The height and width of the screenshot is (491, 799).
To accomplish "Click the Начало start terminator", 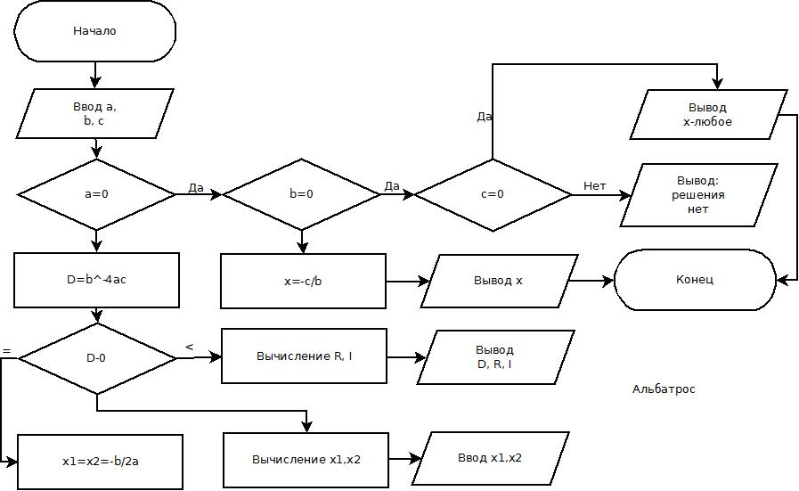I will coord(94,31).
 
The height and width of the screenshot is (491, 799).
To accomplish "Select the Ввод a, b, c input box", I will coord(95,114).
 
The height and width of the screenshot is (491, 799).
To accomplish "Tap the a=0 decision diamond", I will coord(96,194).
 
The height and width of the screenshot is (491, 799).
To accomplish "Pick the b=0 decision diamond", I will coord(301,194).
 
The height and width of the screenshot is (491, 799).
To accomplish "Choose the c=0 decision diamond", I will coord(493,194).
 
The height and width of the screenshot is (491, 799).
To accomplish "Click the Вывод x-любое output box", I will coord(708,114).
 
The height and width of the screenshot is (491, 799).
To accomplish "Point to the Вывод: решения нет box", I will coord(698,195).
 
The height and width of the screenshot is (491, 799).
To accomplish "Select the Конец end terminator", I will coord(696,280).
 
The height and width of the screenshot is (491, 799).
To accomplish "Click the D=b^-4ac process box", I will coord(96,280).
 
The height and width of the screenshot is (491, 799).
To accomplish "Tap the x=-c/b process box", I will coord(303,281).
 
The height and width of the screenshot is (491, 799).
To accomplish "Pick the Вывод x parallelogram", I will coord(498,281).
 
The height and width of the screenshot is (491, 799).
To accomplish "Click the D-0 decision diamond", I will coord(96,358).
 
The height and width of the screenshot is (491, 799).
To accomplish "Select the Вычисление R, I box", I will coord(304,356).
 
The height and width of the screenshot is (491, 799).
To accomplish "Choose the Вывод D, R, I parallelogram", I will coord(494,357).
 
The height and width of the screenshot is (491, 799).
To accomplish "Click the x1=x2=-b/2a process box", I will coord(100,462).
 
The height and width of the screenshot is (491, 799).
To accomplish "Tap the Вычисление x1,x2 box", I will coord(306,460).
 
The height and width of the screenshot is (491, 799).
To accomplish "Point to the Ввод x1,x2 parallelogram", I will coord(490,458).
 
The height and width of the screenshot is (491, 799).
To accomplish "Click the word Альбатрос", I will coord(664,389).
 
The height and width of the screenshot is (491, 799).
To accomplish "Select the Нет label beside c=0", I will coord(594,185).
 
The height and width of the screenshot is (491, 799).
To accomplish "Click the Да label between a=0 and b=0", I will coord(196,187).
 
